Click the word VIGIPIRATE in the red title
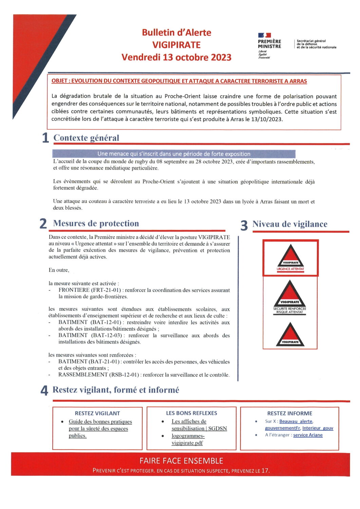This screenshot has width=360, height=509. (176, 45)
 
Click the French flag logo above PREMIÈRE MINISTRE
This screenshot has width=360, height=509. (264, 35)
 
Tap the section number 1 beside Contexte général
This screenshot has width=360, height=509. (45, 138)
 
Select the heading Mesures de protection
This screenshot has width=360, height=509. (96, 223)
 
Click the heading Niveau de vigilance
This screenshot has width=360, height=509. (290, 224)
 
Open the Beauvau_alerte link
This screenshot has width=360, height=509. (296, 421)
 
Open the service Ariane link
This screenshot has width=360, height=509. (308, 435)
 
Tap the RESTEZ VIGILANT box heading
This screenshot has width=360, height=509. (97, 413)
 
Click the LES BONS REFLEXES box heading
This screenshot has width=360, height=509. (191, 413)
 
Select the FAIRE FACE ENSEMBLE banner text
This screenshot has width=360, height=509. (181, 460)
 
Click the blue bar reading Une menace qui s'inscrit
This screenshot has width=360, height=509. (174, 154)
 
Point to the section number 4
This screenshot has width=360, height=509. (44, 391)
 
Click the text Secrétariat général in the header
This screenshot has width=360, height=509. (311, 41)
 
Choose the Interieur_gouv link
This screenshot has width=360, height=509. (318, 428)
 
